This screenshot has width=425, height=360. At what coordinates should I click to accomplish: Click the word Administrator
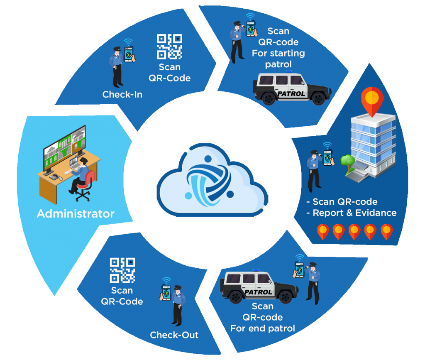pyautogui.click(x=75, y=214)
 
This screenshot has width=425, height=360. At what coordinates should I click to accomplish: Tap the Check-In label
pyautogui.click(x=122, y=95)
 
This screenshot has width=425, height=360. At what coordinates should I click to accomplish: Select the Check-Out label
pyautogui.click(x=174, y=335)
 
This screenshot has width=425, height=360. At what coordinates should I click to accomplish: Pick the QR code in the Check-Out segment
pyautogui.click(x=122, y=270)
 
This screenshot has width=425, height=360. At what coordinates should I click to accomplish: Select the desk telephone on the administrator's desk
pyautogui.click(x=55, y=177)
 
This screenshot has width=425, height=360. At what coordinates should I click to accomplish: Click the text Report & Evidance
pyautogui.click(x=354, y=213)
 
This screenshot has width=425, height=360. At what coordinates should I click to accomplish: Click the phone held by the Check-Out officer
pyautogui.click(x=166, y=293)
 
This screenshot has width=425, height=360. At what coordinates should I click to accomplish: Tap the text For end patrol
pyautogui.click(x=263, y=328)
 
